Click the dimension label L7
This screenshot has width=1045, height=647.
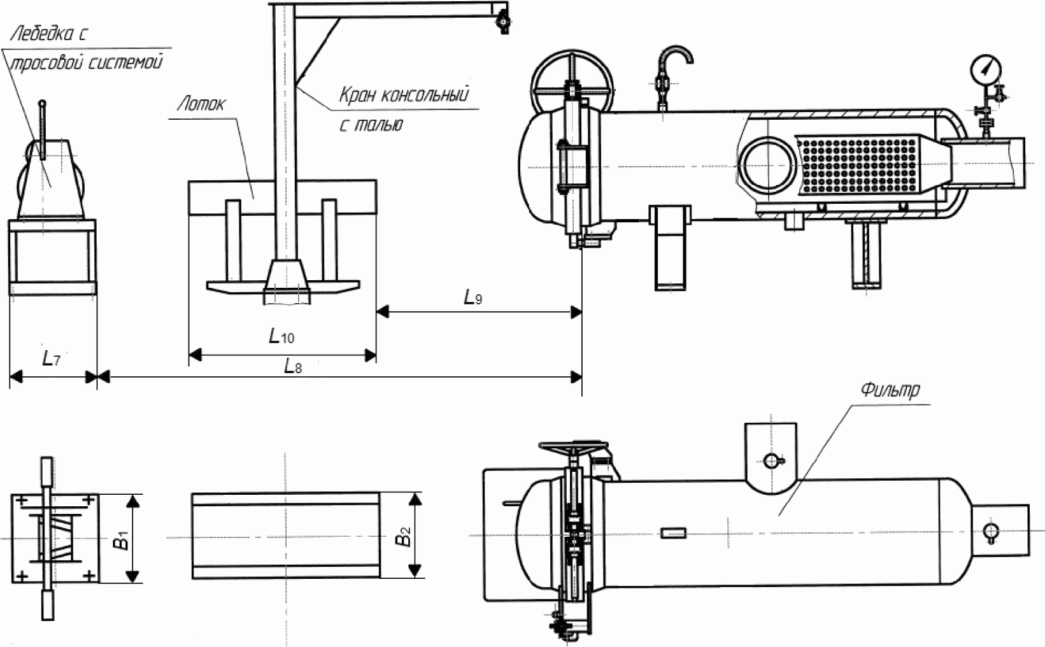pos(51,359)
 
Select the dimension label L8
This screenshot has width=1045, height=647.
pos(293,366)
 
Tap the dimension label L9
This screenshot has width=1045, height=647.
pos(473,297)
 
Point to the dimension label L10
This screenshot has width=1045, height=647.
pos(281,336)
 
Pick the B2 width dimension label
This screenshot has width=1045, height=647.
pos(403,536)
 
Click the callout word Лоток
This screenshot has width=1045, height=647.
pos(201,104)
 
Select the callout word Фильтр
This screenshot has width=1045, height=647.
pos(890,390)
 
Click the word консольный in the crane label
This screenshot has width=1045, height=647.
pos(425,94)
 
